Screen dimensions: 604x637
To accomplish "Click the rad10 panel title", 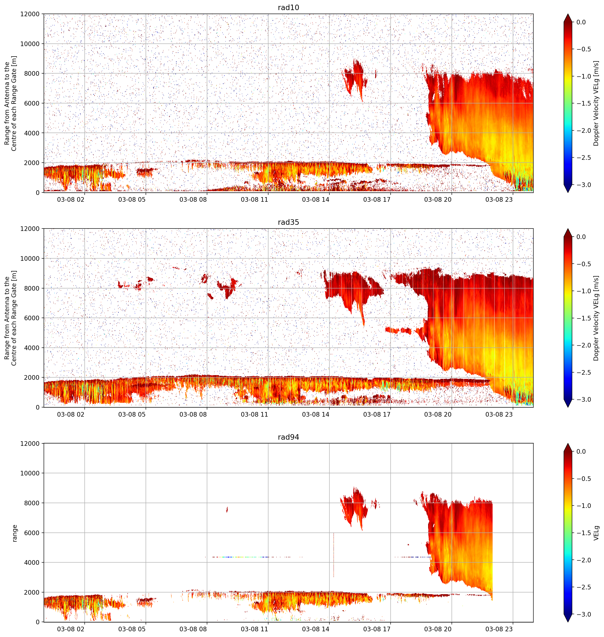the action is tap(288, 7).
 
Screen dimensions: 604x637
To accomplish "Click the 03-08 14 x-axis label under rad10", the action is tap(316, 200).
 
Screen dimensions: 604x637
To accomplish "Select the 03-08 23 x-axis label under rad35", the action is tap(499, 414).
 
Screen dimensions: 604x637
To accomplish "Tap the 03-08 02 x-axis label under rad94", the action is tap(71, 629).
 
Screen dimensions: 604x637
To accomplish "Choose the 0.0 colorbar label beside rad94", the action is tap(581, 452).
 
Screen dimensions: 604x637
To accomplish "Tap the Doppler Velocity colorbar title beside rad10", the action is tap(596, 103).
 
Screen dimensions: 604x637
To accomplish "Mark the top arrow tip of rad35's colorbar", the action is tap(568, 229).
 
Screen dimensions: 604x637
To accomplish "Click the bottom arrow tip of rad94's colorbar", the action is tap(568, 622).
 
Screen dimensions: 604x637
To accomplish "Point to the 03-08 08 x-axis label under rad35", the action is tap(193, 414).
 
